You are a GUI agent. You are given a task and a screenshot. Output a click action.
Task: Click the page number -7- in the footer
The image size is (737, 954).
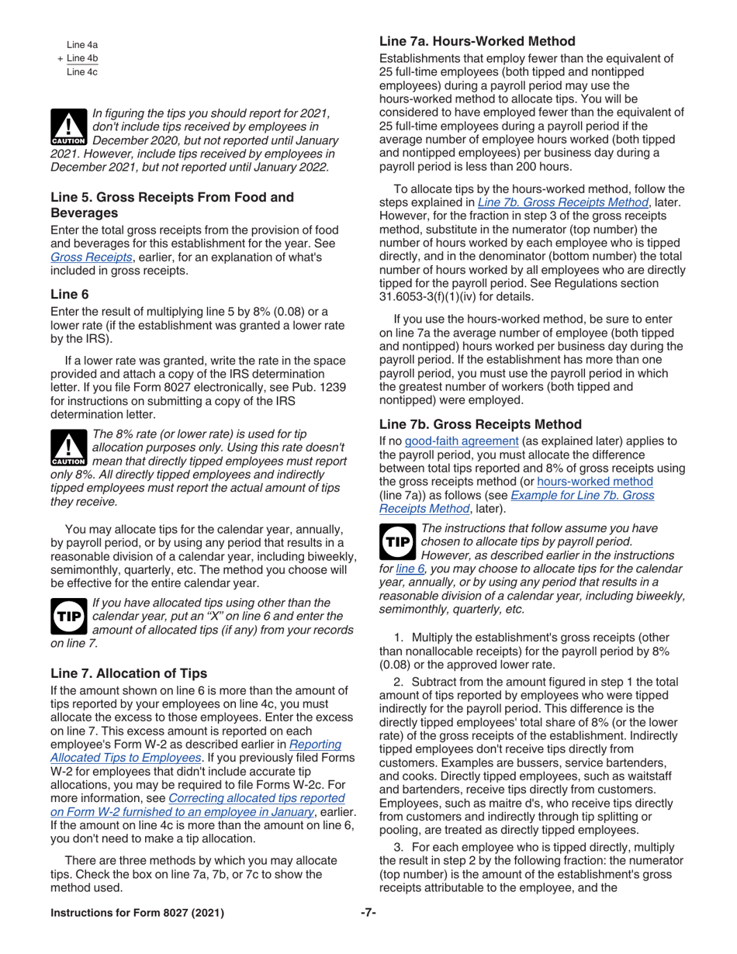tap(368, 912)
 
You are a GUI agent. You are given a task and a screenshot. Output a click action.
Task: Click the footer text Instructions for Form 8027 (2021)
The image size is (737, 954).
tap(137, 912)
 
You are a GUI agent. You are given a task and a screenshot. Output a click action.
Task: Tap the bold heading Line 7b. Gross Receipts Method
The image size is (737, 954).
tap(479, 424)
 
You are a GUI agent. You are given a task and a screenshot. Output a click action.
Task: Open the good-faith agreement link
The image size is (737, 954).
tap(463, 441)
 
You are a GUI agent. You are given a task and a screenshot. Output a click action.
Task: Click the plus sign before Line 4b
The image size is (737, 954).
tap(60, 59)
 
